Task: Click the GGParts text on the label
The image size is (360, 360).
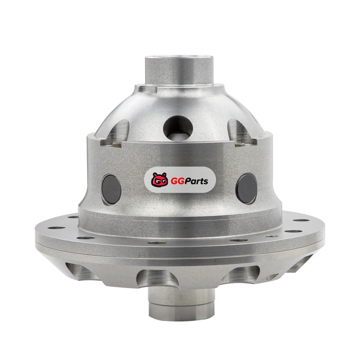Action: [x=189, y=181]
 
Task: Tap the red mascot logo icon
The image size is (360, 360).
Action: [x=159, y=180]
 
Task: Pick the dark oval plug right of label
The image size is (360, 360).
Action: [x=247, y=189]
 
